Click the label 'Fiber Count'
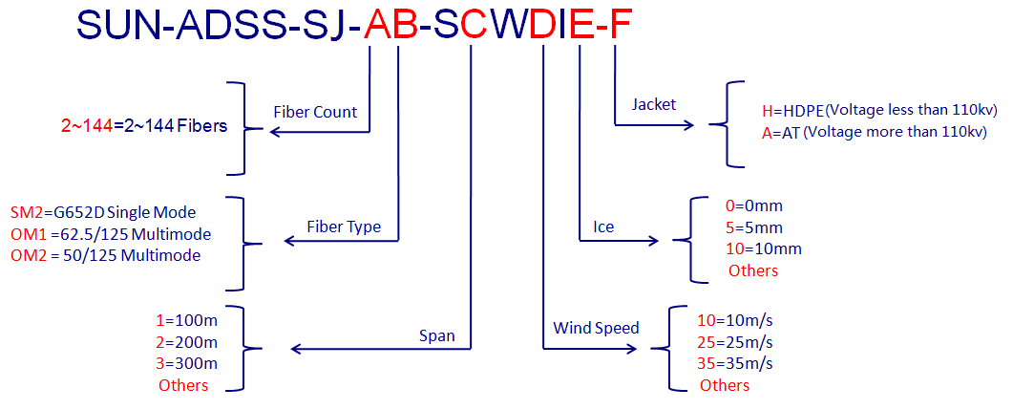[x=315, y=112]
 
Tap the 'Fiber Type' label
[x=344, y=227]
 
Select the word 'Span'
[x=437, y=335]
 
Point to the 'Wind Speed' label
[x=596, y=328]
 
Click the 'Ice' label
[x=603, y=227]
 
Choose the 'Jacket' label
[x=654, y=104]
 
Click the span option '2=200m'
[x=187, y=342]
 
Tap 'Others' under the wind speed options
[x=725, y=385]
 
